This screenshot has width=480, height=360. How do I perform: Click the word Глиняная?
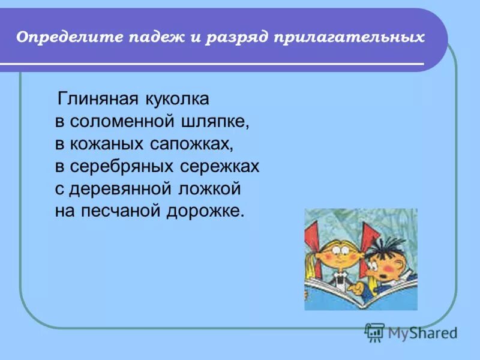tap(98, 98)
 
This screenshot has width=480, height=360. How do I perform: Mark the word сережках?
tap(220, 167)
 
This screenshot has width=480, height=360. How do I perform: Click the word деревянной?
tap(124, 190)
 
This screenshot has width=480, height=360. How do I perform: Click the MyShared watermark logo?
tap(411, 332)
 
